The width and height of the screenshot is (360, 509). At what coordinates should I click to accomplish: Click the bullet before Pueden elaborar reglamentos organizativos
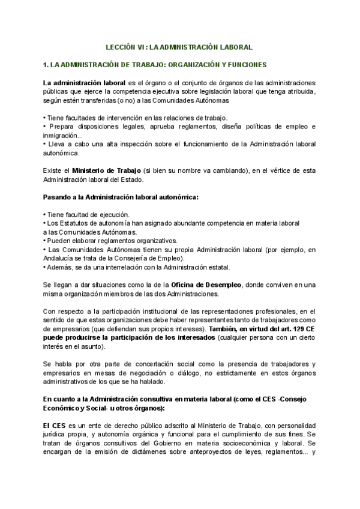pyautogui.click(x=44, y=241)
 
